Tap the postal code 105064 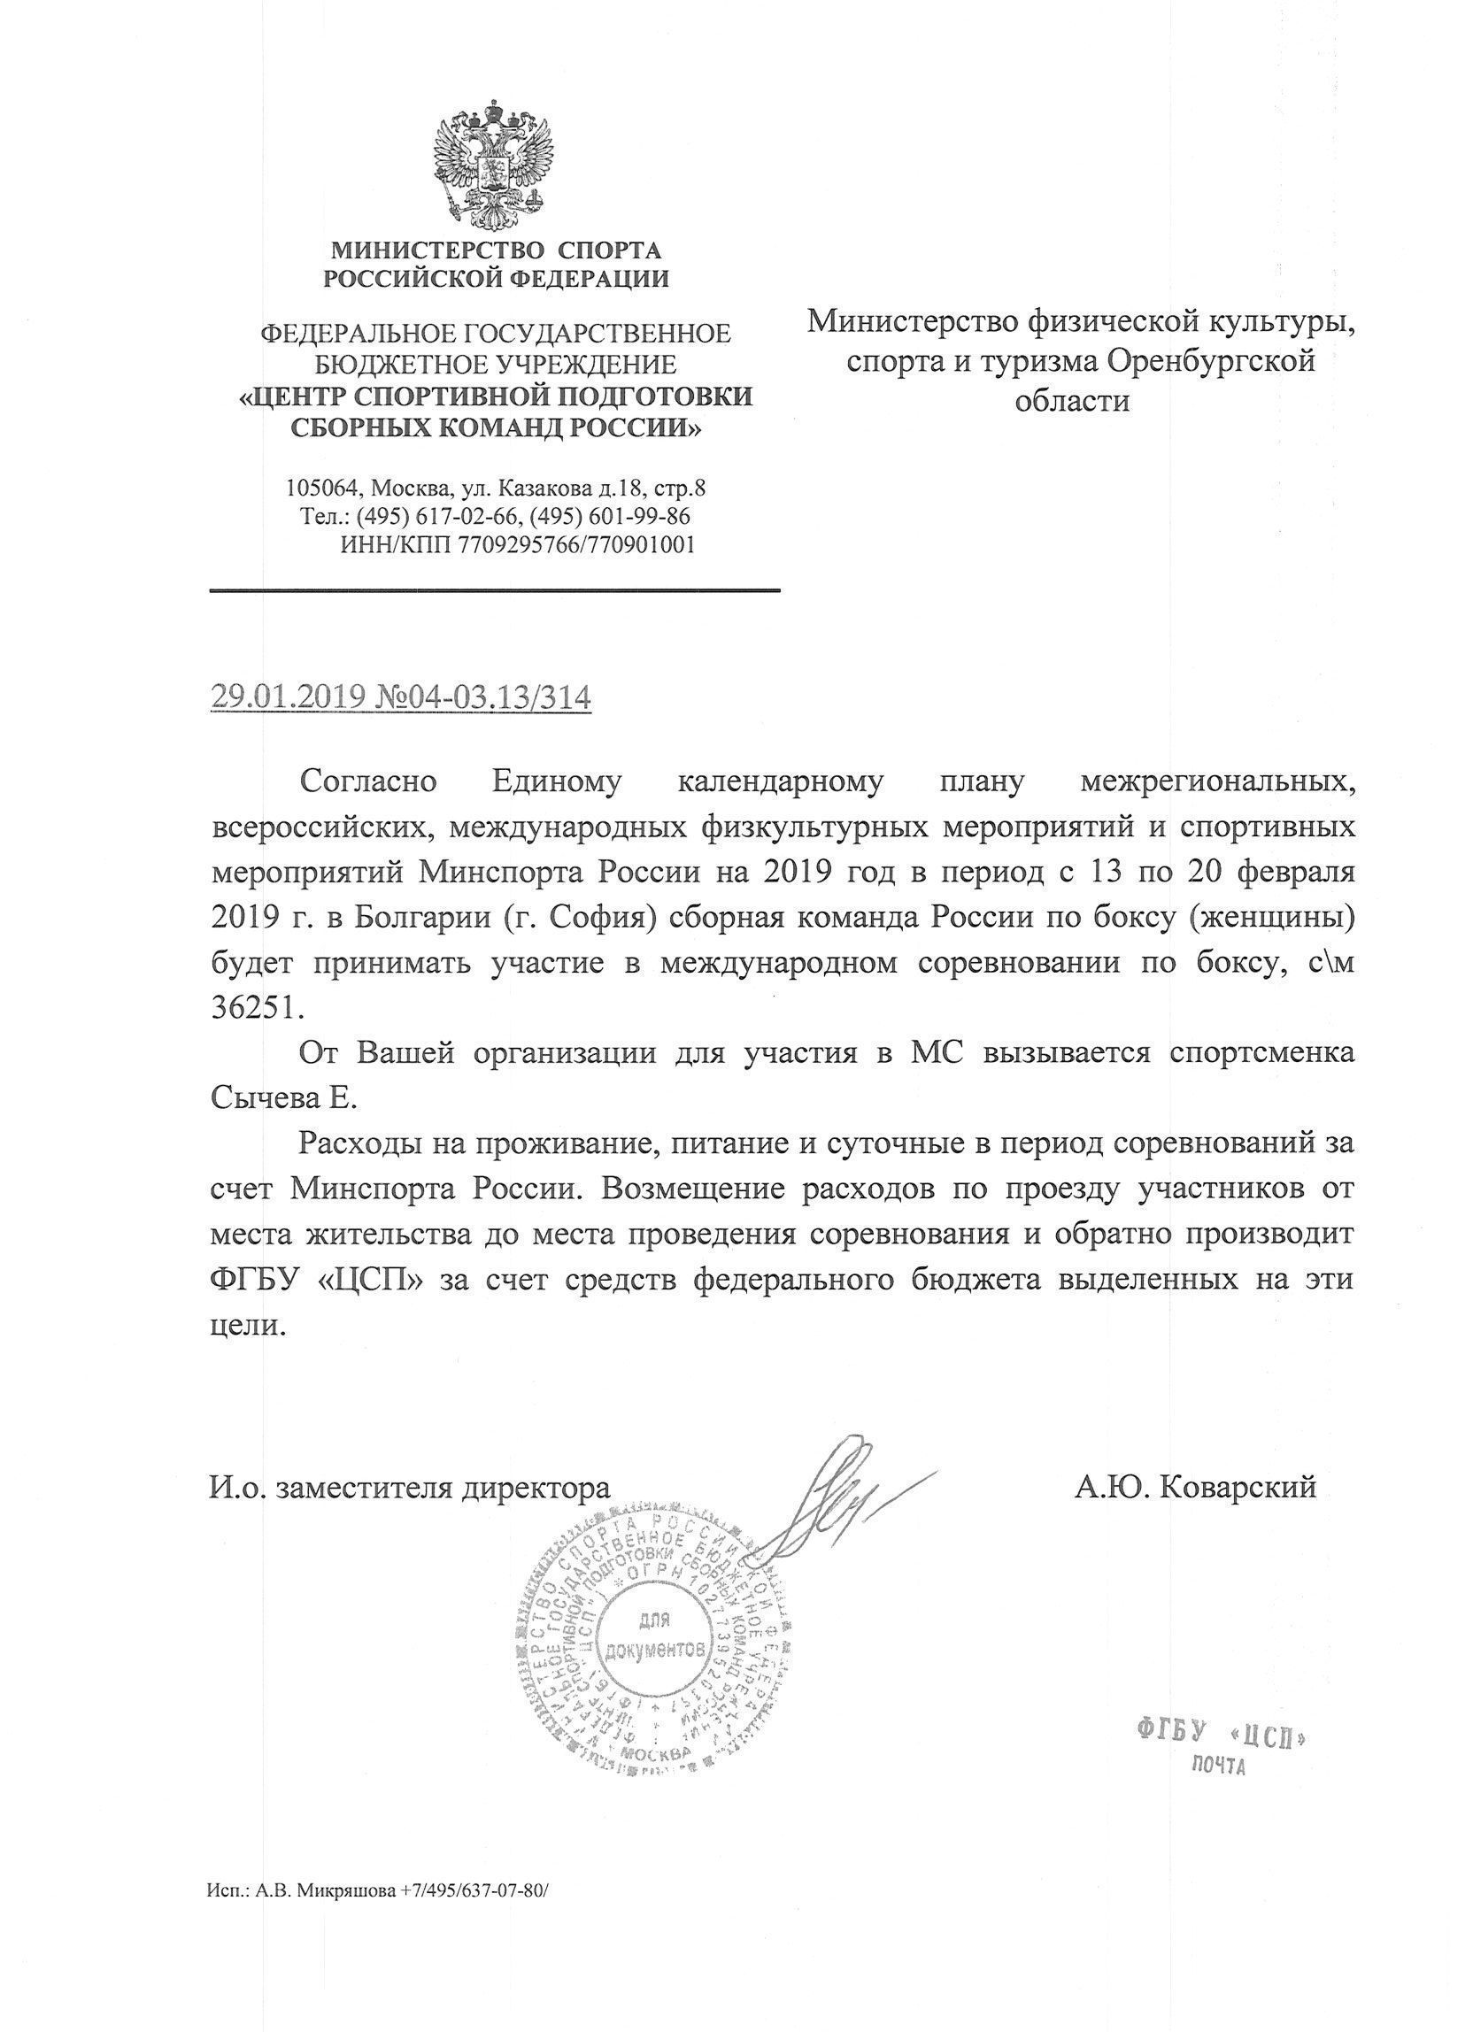(x=322, y=489)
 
